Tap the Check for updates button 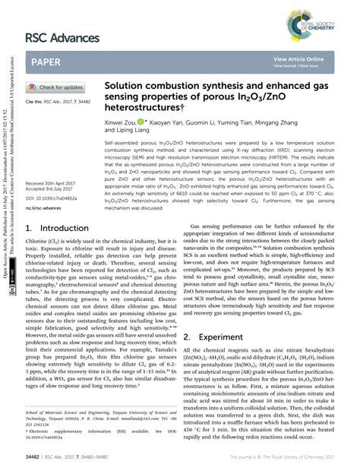[x=57, y=87]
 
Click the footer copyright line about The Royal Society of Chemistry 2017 [x=292, y=457]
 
